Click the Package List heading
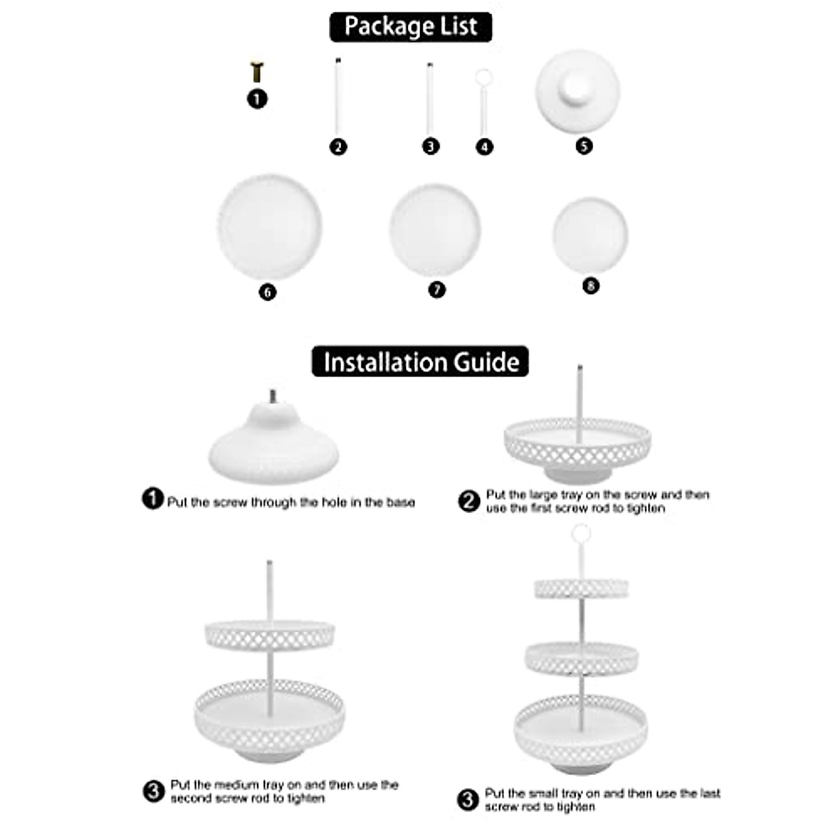point(411,27)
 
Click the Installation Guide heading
point(420,362)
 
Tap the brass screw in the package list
point(257,71)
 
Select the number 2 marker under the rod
point(338,147)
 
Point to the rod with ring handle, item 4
point(483,101)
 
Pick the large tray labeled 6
point(269,227)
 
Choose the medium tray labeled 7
point(435,230)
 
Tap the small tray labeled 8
point(590,234)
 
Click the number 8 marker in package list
point(591,286)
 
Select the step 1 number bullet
point(153,499)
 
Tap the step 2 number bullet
point(469,501)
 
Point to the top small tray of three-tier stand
point(582,588)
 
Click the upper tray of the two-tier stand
point(269,635)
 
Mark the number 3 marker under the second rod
point(430,146)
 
